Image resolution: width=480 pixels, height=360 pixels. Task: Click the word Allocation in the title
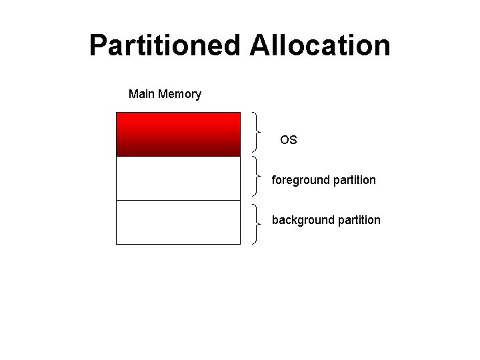click(320, 46)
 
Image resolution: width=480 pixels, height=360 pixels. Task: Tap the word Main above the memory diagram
click(141, 94)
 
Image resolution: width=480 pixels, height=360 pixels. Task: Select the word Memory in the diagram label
click(179, 94)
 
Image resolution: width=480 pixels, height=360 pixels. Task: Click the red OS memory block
click(178, 134)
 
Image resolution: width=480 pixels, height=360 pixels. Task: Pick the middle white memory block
click(178, 178)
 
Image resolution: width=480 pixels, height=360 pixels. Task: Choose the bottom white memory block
click(178, 222)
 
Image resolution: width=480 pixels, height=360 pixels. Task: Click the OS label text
click(289, 140)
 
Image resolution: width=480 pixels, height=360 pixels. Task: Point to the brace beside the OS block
click(257, 131)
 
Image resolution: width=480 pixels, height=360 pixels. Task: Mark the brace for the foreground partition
click(257, 176)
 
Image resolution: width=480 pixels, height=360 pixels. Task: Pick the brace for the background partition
click(257, 223)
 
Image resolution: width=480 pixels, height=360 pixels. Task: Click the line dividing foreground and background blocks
click(178, 200)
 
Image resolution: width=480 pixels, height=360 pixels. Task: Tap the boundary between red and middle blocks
click(178, 156)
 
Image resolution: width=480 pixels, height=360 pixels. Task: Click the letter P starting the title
click(98, 46)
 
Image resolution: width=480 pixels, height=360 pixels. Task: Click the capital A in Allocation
click(260, 46)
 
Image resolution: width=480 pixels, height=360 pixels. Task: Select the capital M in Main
click(133, 94)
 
